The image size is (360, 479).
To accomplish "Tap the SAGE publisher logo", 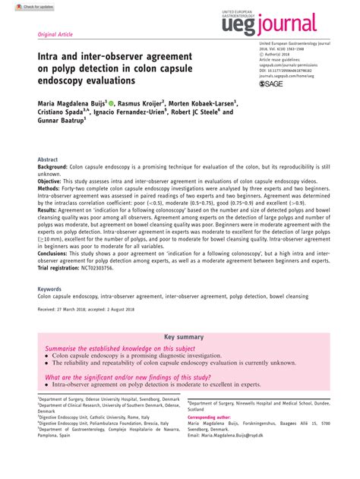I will [270, 84].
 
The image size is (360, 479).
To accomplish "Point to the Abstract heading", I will [48, 159].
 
